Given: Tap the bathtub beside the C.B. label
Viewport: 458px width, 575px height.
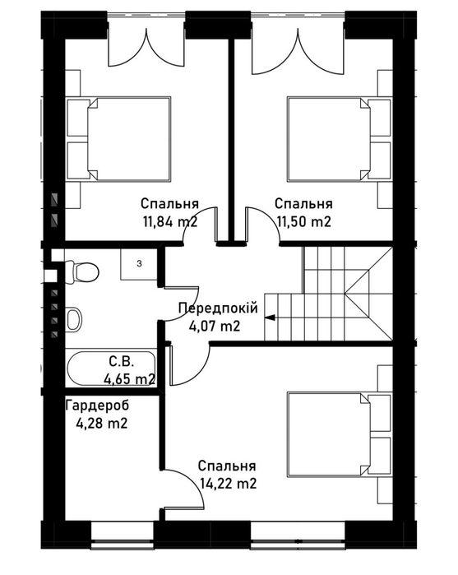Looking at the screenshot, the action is click(111, 369).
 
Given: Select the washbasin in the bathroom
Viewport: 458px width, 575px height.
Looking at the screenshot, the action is click(74, 318).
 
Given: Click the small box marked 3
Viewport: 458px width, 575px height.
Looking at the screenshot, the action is click(139, 264).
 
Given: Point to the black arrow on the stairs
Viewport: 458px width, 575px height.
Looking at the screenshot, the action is click(271, 318).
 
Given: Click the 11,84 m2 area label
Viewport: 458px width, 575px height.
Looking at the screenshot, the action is click(170, 221).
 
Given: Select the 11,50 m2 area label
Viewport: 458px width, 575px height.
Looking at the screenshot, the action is click(304, 221).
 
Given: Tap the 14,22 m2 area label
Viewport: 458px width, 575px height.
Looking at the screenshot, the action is click(229, 484).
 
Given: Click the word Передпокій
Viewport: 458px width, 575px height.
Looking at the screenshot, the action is click(218, 308).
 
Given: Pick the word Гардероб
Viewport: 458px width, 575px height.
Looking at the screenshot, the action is click(98, 406).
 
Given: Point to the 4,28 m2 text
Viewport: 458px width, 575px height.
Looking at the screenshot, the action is click(102, 424).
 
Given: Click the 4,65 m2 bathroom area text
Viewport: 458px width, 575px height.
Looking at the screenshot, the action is click(129, 379).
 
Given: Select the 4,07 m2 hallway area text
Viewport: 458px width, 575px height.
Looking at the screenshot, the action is click(215, 326).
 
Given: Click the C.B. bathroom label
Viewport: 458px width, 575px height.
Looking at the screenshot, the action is click(122, 362).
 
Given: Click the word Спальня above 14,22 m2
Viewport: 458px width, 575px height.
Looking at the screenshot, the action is click(227, 466).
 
